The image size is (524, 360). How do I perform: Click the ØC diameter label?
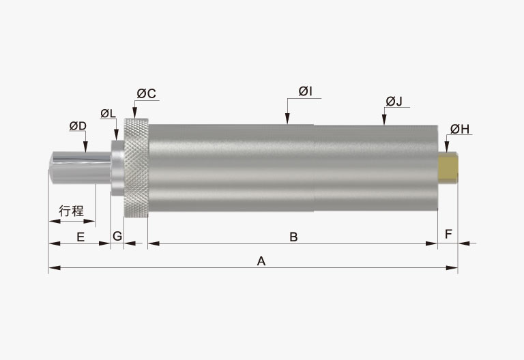pos(147,94)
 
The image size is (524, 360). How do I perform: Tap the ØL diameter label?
pos(108,114)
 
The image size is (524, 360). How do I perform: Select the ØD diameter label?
pos(78,126)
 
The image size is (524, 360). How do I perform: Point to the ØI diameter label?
pos(306,91)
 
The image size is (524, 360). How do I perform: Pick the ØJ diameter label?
pos(394,101)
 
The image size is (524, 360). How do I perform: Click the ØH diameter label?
pos(460,129)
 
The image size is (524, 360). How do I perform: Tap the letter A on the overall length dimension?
pos(261,261)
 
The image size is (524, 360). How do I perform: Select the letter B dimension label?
pos(293,237)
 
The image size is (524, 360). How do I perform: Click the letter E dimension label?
pos(81,237)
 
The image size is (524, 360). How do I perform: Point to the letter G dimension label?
pos(117,236)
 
